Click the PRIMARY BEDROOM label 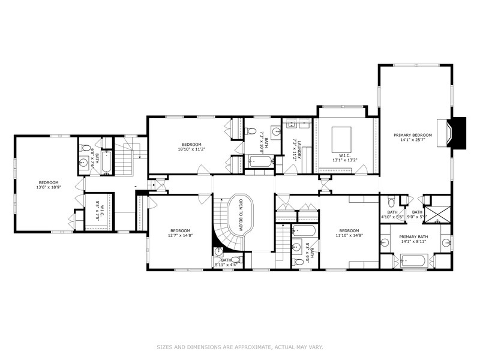(x=413, y=135)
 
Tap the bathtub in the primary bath (x=413, y=261)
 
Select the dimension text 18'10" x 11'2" (x=192, y=149)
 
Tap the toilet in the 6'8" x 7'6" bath (x=85, y=148)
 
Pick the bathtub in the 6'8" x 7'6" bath (x=106, y=161)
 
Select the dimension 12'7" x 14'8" (x=180, y=236)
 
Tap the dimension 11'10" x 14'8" (x=349, y=236)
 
